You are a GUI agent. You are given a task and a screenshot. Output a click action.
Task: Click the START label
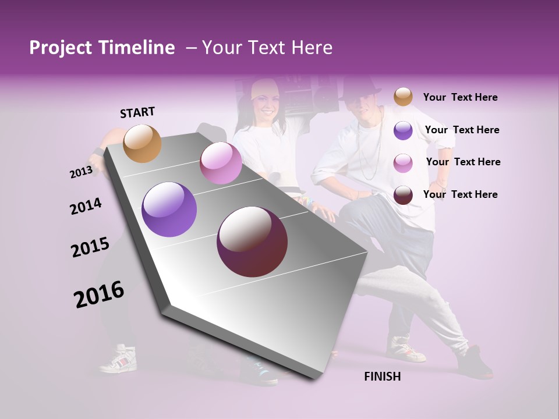pos(137,112)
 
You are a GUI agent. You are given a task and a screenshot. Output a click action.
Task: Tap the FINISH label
pos(382,377)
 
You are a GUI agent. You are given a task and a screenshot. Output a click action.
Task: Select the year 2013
pos(81,172)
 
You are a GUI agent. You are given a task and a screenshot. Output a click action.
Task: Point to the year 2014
pos(86,207)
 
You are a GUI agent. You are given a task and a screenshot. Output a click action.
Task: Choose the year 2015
pos(90,247)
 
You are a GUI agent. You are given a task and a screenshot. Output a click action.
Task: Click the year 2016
pos(99,294)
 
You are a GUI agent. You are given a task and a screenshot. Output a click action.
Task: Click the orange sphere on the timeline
pos(143,143)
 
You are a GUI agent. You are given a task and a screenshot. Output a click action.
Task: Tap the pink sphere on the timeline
pos(221,163)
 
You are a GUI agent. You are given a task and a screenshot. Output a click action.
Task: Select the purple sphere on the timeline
pos(169,210)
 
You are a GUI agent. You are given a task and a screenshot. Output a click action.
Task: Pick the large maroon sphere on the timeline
pos(252,242)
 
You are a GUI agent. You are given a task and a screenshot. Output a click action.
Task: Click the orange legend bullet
pos(403,97)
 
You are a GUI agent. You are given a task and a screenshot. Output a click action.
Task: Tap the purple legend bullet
pos(403,130)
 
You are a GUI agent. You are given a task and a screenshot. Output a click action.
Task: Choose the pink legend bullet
pos(403,162)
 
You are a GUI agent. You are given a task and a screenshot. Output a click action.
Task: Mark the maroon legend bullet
pos(403,195)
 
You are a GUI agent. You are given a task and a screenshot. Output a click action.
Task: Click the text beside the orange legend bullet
pos(460,97)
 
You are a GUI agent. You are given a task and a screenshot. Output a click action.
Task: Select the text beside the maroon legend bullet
pos(460,194)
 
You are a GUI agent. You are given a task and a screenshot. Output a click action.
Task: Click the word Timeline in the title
pos(137,48)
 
